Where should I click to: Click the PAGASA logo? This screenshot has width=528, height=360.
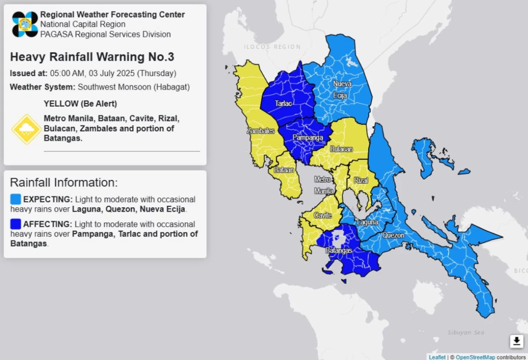(25, 24)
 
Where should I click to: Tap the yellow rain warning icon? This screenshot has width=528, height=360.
(26, 129)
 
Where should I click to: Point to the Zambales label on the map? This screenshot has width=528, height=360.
(260, 131)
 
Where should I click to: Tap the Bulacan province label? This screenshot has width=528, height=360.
(341, 149)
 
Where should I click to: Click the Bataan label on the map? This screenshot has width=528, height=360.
(284, 169)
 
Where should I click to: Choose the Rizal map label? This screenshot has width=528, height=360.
(361, 180)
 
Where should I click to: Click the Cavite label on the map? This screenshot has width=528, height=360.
(323, 215)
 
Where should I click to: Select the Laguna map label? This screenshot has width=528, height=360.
(367, 222)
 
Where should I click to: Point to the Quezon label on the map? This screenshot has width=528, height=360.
(393, 235)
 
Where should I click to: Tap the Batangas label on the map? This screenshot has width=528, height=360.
(339, 250)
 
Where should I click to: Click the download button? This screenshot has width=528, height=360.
(517, 341)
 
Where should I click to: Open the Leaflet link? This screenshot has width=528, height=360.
(437, 357)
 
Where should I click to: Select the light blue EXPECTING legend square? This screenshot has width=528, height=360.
(15, 199)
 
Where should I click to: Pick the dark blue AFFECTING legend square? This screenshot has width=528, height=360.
(15, 224)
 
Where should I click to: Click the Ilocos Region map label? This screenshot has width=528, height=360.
(272, 47)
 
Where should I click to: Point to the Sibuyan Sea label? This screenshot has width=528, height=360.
(466, 333)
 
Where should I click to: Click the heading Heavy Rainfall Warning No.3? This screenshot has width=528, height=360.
(92, 57)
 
